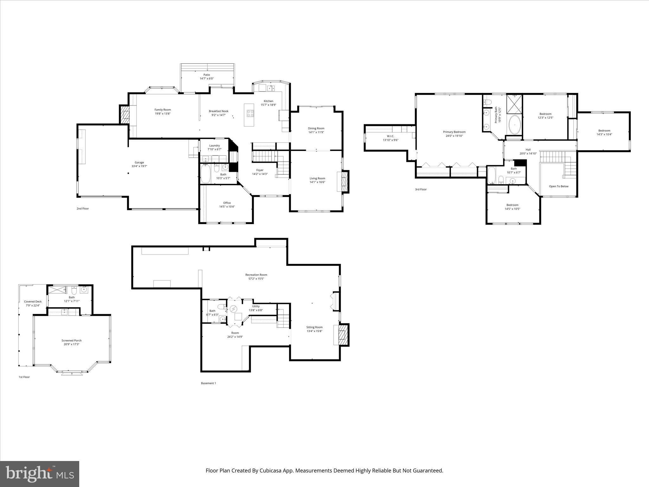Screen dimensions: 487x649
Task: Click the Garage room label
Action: [139, 162]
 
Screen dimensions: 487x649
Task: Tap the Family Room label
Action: [163, 110]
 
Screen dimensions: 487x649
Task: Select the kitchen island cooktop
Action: [250, 113]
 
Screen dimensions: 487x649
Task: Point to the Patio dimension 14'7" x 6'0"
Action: [207, 78]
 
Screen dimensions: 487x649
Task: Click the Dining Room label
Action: [316, 128]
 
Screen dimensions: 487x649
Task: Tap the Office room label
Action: [227, 203]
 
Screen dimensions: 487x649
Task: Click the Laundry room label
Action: [214, 146]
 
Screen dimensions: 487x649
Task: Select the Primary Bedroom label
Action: [454, 132]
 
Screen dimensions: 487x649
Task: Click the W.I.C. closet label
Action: [390, 136]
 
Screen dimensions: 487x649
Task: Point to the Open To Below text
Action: [559, 186]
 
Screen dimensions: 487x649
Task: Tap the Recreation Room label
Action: [256, 275]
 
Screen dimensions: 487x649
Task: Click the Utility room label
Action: [256, 306]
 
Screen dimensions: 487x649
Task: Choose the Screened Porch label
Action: [72, 341]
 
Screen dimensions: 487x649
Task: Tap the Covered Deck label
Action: [33, 302]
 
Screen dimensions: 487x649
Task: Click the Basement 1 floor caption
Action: [208, 383]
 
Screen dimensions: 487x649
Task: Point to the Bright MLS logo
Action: [40, 473]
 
